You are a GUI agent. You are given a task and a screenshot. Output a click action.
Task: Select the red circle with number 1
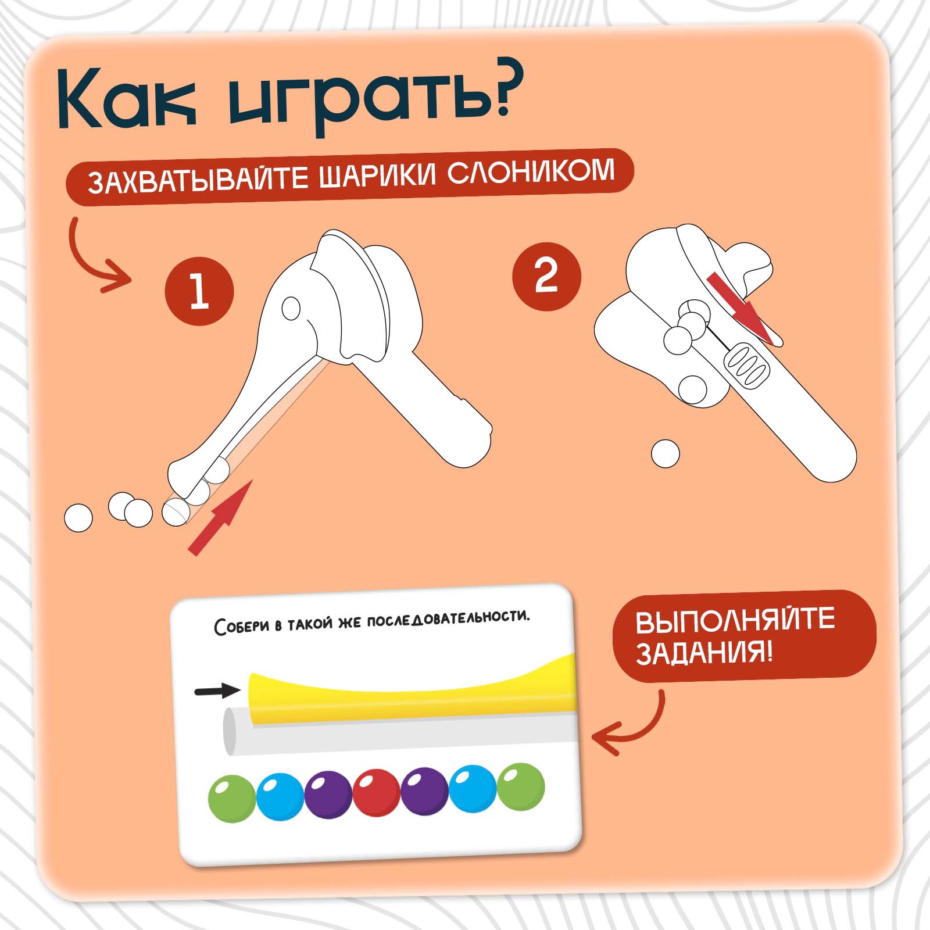tap(199, 291)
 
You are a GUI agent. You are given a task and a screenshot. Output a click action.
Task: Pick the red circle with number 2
tap(546, 277)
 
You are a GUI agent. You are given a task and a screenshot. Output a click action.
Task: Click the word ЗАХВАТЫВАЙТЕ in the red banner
tap(198, 180)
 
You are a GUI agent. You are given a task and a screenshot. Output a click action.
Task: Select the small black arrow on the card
tap(217, 691)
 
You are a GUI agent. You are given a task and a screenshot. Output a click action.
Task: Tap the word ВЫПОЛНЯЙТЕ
tap(735, 621)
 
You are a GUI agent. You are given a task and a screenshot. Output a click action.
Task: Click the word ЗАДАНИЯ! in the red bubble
tap(704, 652)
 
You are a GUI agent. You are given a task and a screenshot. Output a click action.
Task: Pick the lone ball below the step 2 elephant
tap(665, 453)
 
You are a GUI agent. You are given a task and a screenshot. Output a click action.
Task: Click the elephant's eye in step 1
tap(291, 308)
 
